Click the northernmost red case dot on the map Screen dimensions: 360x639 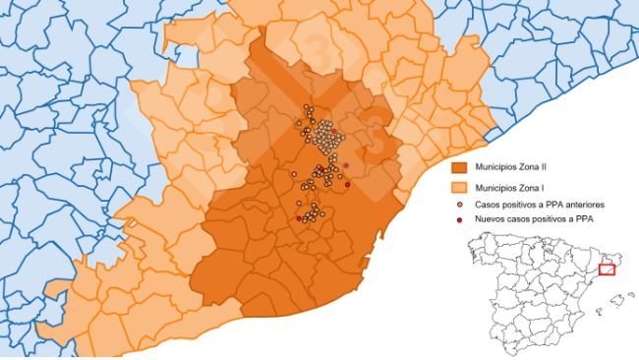[334, 131]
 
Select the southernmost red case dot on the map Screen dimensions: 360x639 [299, 218]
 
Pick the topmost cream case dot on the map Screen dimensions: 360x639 [307, 106]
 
